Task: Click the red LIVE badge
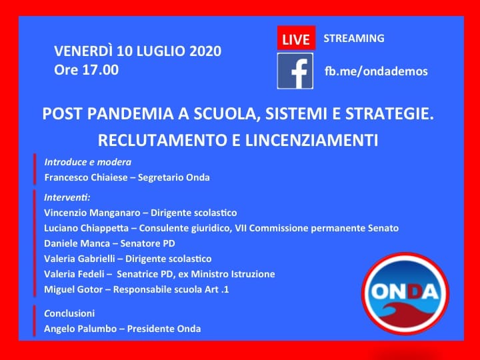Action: [x=296, y=37]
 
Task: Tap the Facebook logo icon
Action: [x=295, y=71]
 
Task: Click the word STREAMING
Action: [x=354, y=38]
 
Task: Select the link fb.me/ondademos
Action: [x=376, y=71]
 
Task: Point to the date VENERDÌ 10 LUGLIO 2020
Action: [x=138, y=51]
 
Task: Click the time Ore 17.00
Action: [x=86, y=70]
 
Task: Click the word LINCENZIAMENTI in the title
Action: [x=311, y=140]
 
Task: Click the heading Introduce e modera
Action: [x=88, y=162]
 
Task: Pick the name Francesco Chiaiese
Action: [x=86, y=177]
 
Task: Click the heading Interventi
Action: [x=67, y=197]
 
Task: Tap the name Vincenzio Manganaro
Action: [x=92, y=213]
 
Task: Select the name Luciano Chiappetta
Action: [x=86, y=229]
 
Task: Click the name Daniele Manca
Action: [x=77, y=244]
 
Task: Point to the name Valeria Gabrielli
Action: [x=79, y=259]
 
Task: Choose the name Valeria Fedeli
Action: [x=74, y=274]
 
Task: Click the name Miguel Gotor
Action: [x=73, y=289]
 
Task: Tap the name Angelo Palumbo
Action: [x=81, y=329]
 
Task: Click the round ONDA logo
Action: [x=405, y=293]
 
